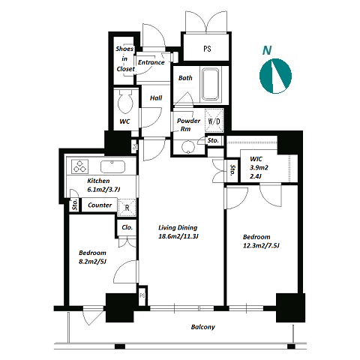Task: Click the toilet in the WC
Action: tap(125, 103)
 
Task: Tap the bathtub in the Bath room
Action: tap(211, 84)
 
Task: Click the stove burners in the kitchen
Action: tap(79, 166)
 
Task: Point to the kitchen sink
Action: tap(112, 166)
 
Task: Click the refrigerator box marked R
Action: tap(127, 208)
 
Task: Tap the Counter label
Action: tap(100, 205)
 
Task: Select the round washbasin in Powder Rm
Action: tap(187, 147)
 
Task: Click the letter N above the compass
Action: tap(267, 50)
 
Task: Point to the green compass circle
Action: tap(275, 76)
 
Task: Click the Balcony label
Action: tap(203, 327)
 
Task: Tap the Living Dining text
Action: tap(178, 227)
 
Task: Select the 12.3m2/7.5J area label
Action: tap(261, 246)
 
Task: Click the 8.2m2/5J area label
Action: tap(92, 262)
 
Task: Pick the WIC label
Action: tap(256, 159)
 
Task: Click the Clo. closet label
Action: tap(127, 227)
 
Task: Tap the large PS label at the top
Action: tap(207, 49)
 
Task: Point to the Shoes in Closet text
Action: tap(125, 58)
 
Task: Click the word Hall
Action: tap(156, 98)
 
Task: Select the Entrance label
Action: tap(151, 62)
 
